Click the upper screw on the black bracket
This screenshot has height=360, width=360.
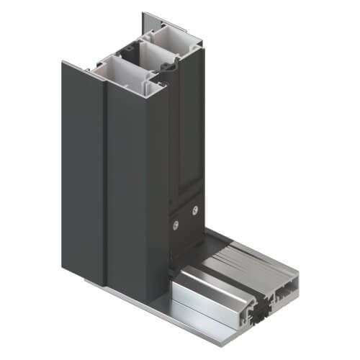coord(194,210)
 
